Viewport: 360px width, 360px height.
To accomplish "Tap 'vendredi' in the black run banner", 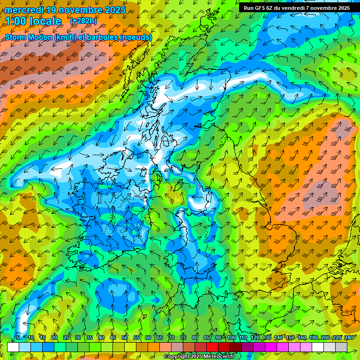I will [298, 8].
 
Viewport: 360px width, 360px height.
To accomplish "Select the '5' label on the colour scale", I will [18, 338].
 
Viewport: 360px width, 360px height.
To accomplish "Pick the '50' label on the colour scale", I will [125, 338].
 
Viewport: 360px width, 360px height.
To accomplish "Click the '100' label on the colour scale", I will [232, 338].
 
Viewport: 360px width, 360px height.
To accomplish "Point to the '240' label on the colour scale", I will [349, 338].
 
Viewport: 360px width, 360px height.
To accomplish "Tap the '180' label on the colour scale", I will [314, 338].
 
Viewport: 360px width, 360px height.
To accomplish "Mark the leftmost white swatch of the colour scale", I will [13, 347].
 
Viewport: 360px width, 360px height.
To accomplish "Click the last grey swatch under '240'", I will [341, 347].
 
